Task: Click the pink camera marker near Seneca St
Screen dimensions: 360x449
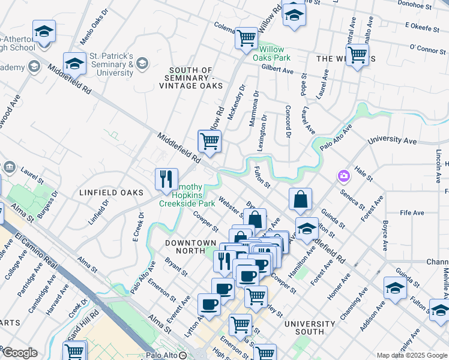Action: point(343,176)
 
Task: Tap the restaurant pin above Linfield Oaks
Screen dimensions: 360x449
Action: point(166,178)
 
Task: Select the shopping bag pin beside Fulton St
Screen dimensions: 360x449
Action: point(300,199)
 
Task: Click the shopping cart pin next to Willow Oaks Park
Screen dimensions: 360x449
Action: point(246,38)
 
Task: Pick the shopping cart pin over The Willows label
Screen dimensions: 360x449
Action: point(357,55)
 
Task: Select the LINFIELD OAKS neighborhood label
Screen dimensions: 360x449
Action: point(112,193)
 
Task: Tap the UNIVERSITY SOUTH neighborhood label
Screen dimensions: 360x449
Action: point(309,328)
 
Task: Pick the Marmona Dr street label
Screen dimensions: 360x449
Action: point(254,109)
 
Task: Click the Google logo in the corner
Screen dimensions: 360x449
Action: point(19,353)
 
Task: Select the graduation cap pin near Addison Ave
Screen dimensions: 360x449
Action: point(395,287)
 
